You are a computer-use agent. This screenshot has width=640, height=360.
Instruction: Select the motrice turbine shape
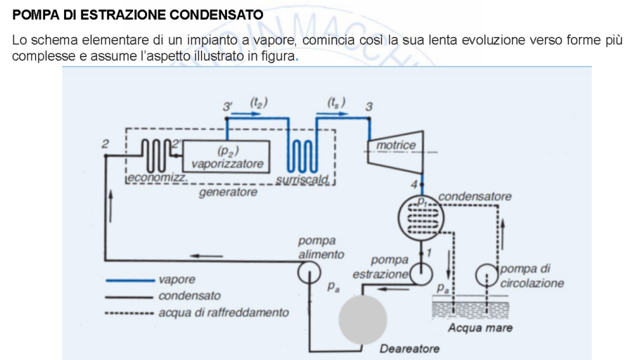(395, 147)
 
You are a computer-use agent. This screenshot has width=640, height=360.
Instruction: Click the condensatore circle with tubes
(421, 218)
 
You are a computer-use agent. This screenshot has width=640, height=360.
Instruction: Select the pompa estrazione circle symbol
(421, 273)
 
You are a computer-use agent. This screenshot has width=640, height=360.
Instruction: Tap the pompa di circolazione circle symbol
(487, 274)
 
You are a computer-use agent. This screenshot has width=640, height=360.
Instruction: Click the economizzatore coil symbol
(152, 153)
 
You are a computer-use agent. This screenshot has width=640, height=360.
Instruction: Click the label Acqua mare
(480, 328)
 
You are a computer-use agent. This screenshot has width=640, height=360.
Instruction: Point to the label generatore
(227, 191)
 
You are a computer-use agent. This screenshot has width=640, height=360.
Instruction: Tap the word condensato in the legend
(189, 296)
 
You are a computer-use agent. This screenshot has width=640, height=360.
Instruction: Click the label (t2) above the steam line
(259, 103)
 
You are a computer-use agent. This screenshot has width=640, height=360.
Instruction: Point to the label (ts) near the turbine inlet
(336, 103)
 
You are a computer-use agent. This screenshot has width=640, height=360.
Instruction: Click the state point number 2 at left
(105, 143)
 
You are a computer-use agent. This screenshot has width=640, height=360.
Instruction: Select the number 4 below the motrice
(414, 184)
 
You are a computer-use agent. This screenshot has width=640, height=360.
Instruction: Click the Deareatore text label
(409, 349)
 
